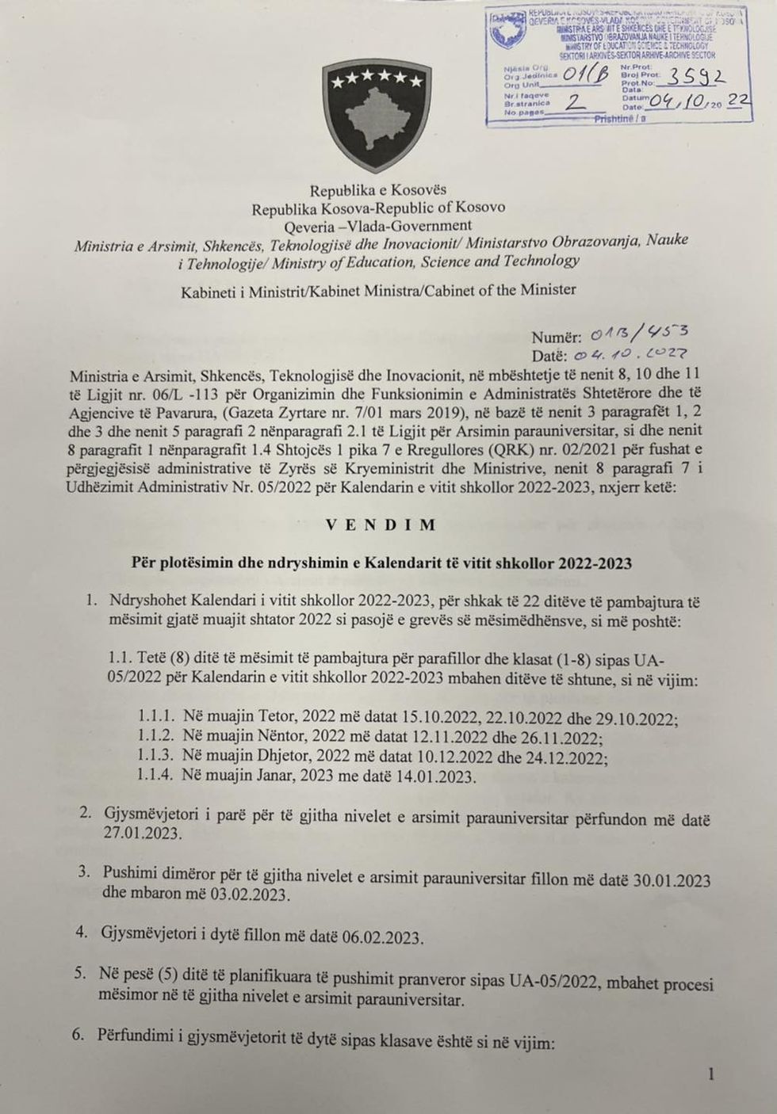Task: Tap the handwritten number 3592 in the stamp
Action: coord(695,78)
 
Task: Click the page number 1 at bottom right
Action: coord(711,1074)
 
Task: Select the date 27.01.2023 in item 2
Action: coord(140,834)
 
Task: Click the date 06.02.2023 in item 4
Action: coord(381,937)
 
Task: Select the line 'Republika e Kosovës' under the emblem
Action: coord(378,190)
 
